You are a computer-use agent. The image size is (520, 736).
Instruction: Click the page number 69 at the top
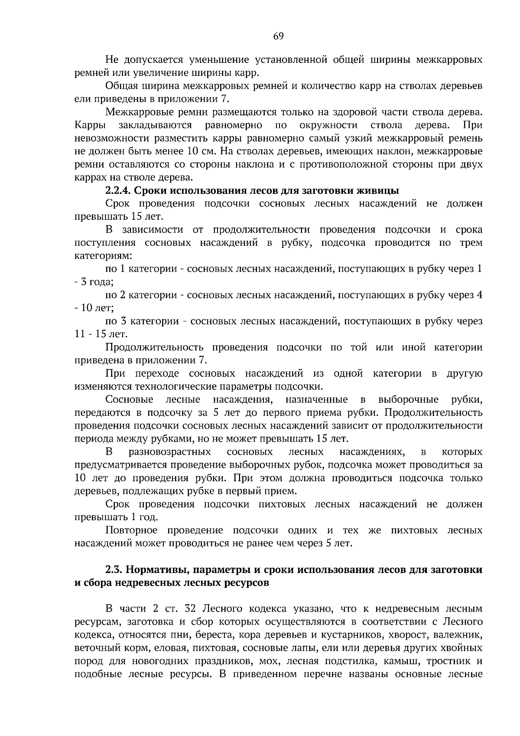pyautogui.click(x=278, y=36)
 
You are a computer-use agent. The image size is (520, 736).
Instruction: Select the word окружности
pyautogui.click(x=328, y=125)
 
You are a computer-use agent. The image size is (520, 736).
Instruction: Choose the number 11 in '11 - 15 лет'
pyautogui.click(x=81, y=335)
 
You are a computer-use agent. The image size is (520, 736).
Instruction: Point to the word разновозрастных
pyautogui.click(x=170, y=452)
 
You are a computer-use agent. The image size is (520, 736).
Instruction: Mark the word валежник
pyautogui.click(x=461, y=635)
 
